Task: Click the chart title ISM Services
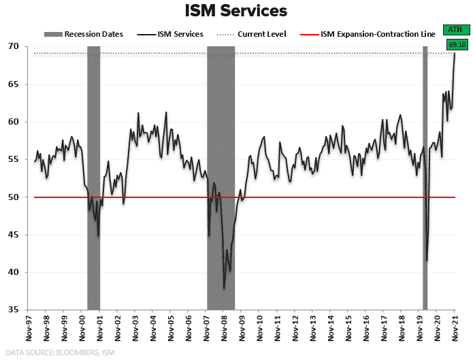click(236, 11)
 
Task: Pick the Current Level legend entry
click(257, 34)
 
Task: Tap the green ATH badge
click(454, 29)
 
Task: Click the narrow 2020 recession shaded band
click(425, 177)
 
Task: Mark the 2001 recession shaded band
click(93, 177)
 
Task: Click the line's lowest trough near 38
click(224, 288)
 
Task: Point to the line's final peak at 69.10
click(455, 54)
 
